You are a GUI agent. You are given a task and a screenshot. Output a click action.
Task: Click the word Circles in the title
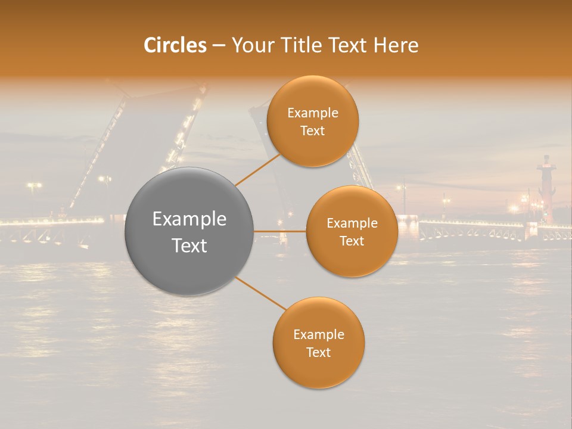click(175, 45)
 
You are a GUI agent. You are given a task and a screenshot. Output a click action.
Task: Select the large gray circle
click(189, 231)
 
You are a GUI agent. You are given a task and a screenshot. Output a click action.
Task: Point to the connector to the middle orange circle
click(279, 231)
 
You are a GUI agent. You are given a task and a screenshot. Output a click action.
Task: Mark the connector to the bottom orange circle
click(261, 294)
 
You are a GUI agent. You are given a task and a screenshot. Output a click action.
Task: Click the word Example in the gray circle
click(189, 219)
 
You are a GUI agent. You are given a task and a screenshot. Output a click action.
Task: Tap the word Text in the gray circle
click(189, 245)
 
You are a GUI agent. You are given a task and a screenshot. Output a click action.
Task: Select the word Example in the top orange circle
click(313, 113)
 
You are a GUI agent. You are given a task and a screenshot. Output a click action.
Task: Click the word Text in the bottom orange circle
click(318, 352)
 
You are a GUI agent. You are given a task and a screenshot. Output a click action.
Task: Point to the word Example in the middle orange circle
click(352, 223)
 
